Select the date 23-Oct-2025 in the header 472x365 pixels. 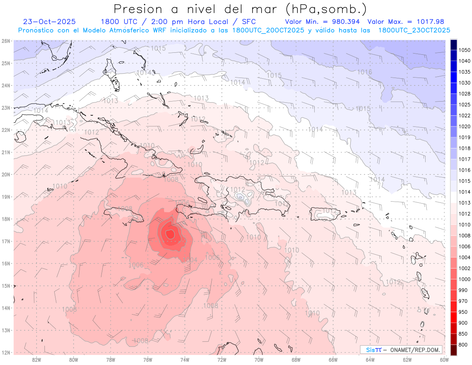coord(50,22)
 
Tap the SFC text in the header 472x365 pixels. coord(247,22)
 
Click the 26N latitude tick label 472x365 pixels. coord(6,41)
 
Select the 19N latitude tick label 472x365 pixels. coord(6,197)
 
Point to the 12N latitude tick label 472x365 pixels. coord(6,352)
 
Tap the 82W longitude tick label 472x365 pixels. coord(37,359)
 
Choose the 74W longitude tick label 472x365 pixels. coord(185,359)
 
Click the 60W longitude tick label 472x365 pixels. coord(444,359)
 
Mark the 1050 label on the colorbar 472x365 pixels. coord(465,50)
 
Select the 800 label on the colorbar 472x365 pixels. coord(463,345)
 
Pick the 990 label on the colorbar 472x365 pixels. coord(463,290)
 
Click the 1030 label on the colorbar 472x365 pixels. coord(465,83)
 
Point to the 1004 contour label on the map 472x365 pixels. coord(190,260)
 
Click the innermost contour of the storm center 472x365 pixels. coord(170,234)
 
